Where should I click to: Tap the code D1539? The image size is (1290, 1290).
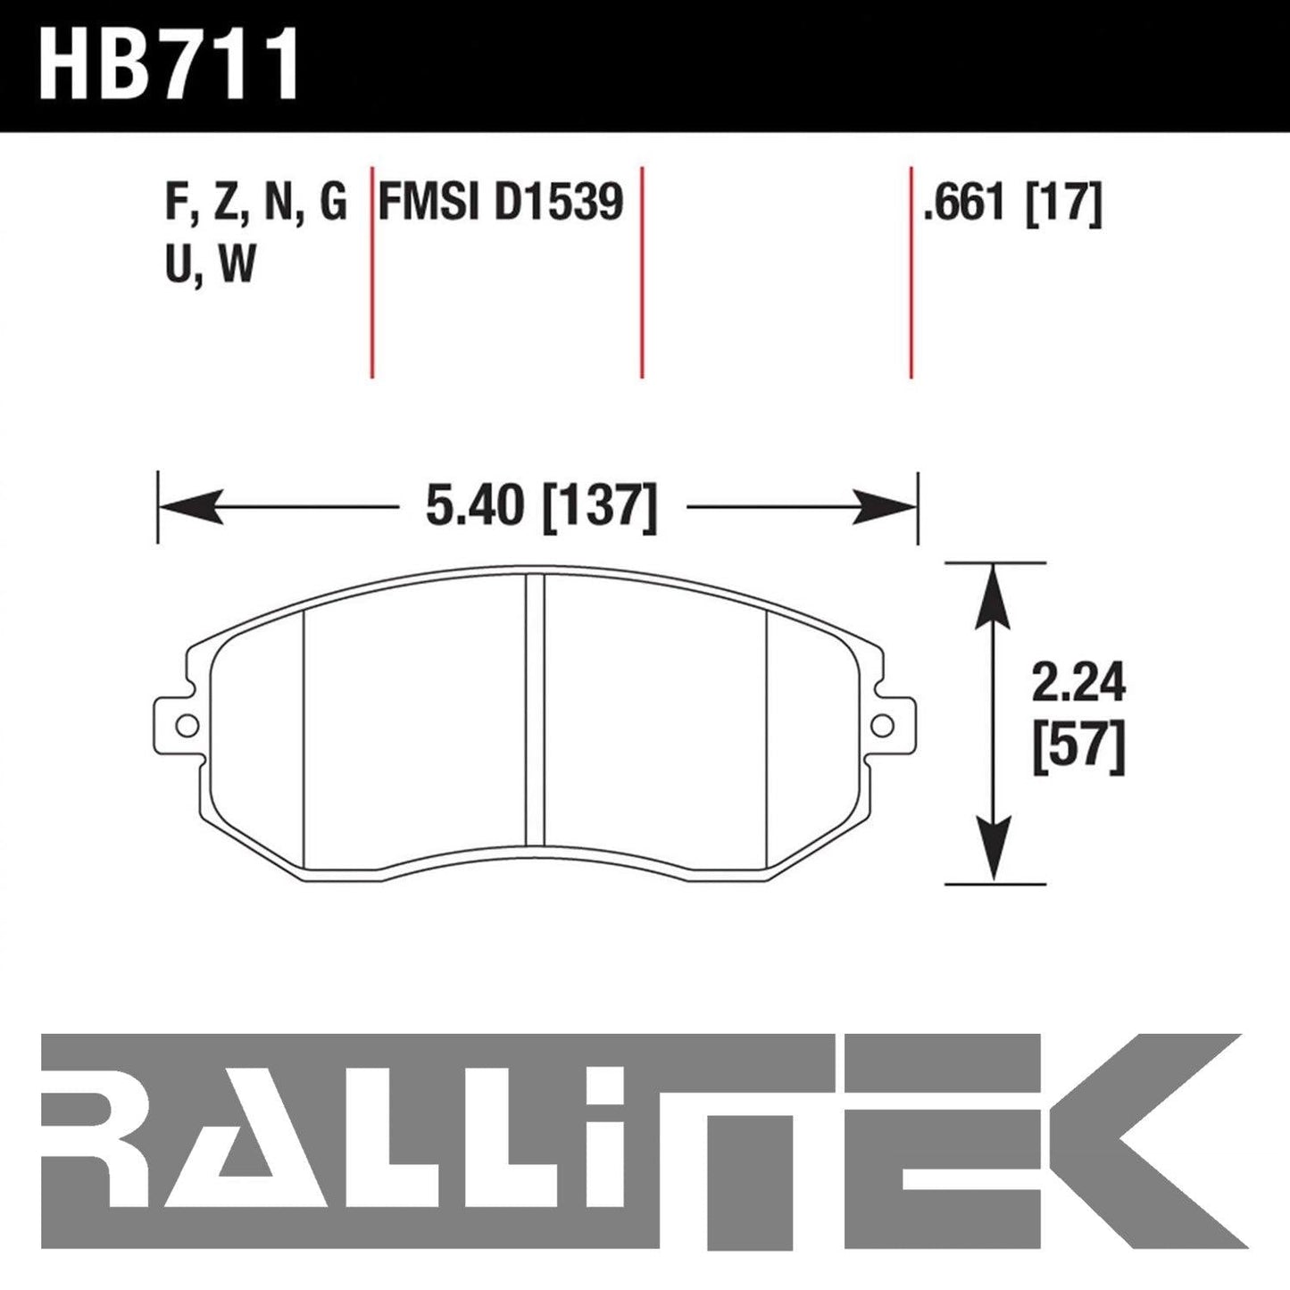(x=559, y=202)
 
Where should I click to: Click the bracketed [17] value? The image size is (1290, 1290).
(x=1063, y=203)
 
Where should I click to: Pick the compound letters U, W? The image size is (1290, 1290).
(x=210, y=265)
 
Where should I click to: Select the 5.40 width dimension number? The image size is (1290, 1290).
(x=474, y=507)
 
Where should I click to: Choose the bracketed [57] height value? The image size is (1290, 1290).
(x=1078, y=751)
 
